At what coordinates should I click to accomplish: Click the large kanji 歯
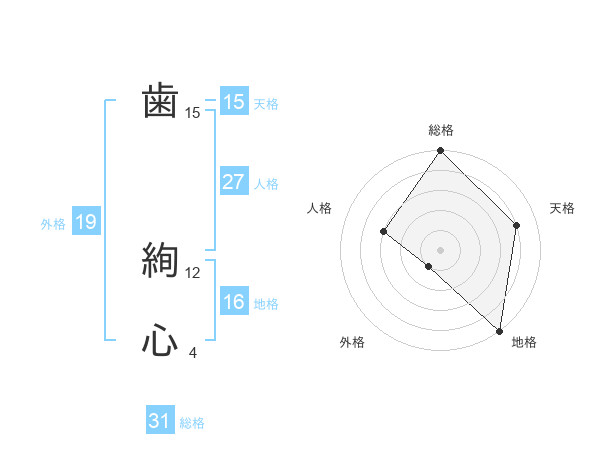pyautogui.click(x=160, y=102)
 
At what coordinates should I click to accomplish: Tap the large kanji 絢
pyautogui.click(x=160, y=261)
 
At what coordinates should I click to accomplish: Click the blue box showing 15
pyautogui.click(x=234, y=102)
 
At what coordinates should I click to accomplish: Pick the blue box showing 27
pyautogui.click(x=234, y=182)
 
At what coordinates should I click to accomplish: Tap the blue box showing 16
pyautogui.click(x=234, y=302)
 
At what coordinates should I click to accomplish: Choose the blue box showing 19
pyautogui.click(x=85, y=222)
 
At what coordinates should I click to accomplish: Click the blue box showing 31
pyautogui.click(x=160, y=421)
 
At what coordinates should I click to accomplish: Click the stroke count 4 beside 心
pyautogui.click(x=193, y=353)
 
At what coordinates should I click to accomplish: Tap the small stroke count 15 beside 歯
pyautogui.click(x=193, y=113)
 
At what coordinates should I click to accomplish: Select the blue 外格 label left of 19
pyautogui.click(x=53, y=224)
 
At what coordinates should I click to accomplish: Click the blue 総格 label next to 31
pyautogui.click(x=192, y=423)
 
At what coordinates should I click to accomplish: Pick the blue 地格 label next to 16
pyautogui.click(x=266, y=304)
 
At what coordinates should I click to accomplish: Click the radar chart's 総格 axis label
pyautogui.click(x=441, y=131)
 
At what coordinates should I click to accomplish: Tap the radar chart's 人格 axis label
pyautogui.click(x=319, y=208)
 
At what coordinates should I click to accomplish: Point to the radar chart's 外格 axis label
pyautogui.click(x=352, y=343)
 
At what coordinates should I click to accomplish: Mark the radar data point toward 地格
pyautogui.click(x=500, y=331)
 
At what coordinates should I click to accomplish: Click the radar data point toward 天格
pyautogui.click(x=517, y=225)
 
